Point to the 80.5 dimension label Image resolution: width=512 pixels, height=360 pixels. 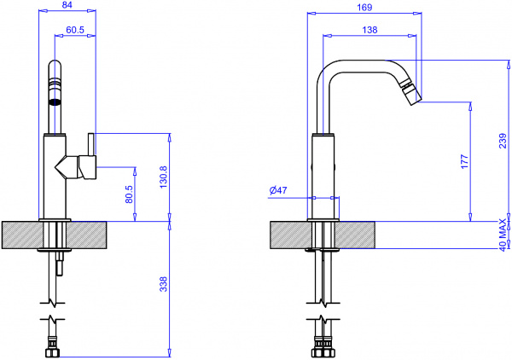pyautogui.click(x=129, y=195)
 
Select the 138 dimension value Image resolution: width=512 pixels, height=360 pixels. pyautogui.click(x=369, y=31)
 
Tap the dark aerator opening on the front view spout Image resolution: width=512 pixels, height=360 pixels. pyautogui.click(x=55, y=101)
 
